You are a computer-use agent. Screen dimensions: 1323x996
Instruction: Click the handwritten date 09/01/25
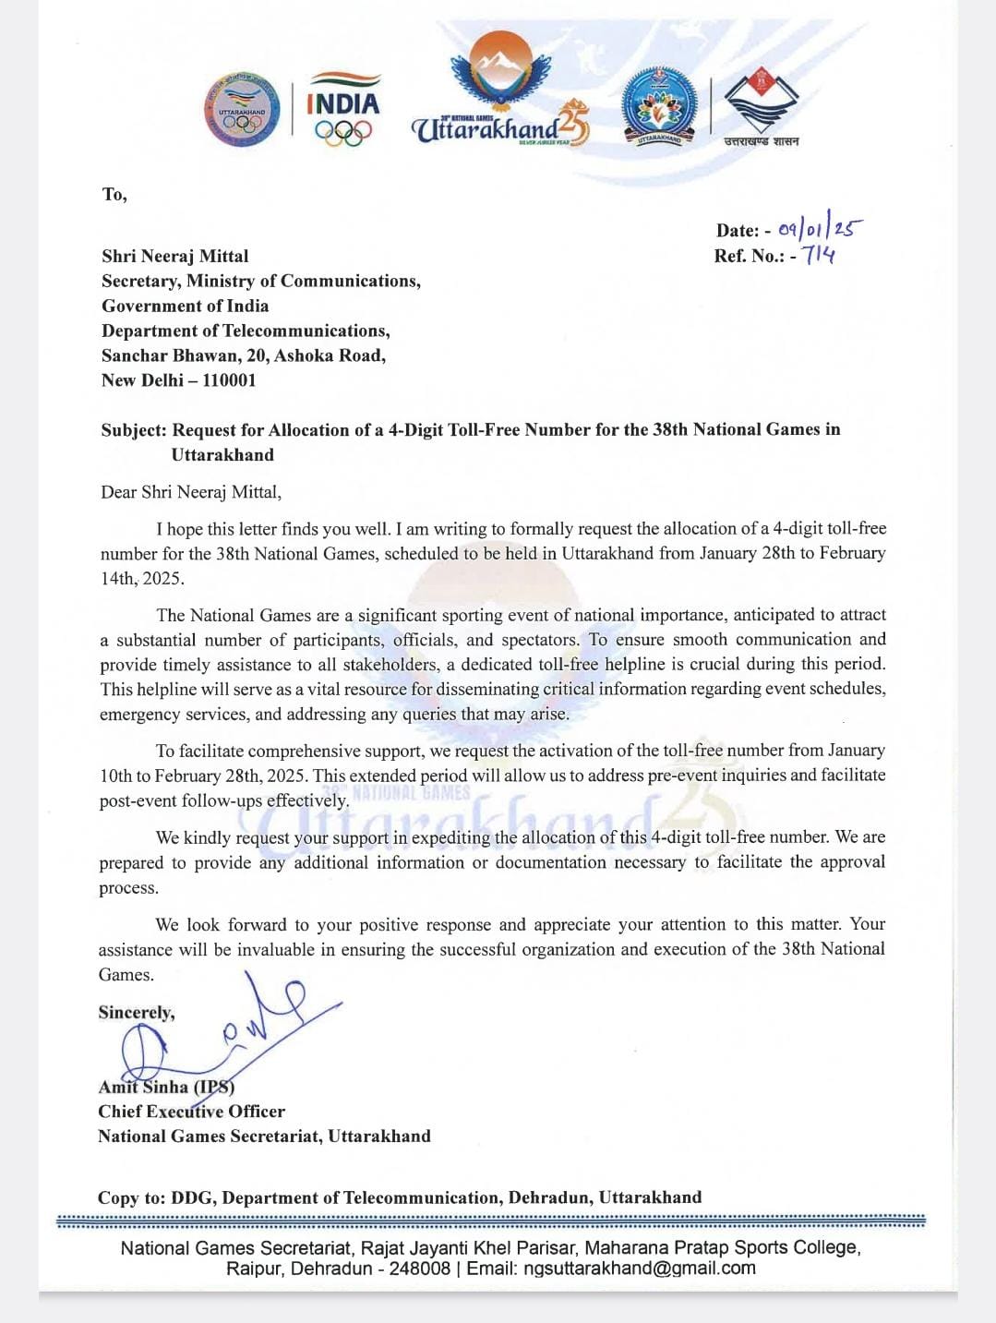(x=821, y=228)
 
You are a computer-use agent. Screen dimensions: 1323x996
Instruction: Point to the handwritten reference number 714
(x=819, y=255)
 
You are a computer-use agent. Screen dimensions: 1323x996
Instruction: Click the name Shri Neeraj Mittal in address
(x=174, y=256)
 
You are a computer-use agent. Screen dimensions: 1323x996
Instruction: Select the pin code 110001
(x=229, y=379)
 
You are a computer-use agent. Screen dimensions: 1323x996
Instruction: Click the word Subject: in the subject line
(x=134, y=429)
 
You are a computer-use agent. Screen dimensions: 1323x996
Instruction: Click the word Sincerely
(x=137, y=1012)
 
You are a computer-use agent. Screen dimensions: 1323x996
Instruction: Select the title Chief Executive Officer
(x=191, y=1111)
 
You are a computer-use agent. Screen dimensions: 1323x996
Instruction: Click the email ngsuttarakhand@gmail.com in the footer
(x=639, y=1268)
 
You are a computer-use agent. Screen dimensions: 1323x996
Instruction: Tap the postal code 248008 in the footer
(x=419, y=1268)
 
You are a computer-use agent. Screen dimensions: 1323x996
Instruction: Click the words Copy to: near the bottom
(x=131, y=1197)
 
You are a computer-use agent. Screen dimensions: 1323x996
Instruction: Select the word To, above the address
(x=114, y=194)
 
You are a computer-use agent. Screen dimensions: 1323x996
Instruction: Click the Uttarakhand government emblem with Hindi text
(x=761, y=108)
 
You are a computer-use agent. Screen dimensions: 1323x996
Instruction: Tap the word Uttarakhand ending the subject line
(x=222, y=454)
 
